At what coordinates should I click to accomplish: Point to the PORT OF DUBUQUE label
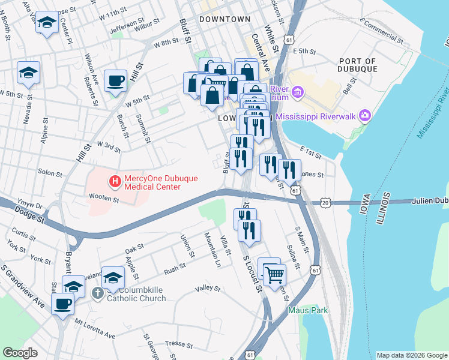pyautogui.click(x=358, y=65)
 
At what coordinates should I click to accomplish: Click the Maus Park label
pyautogui.click(x=308, y=310)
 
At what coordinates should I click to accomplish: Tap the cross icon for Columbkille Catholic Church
pyautogui.click(x=98, y=293)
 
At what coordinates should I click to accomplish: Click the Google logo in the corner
pyautogui.click(x=20, y=352)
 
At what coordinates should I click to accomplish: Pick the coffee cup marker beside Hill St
pyautogui.click(x=115, y=80)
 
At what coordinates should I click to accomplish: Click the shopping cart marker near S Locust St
pyautogui.click(x=274, y=275)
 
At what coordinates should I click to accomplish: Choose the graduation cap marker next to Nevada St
pyautogui.click(x=28, y=73)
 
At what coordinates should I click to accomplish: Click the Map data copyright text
pyautogui.click(x=411, y=355)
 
